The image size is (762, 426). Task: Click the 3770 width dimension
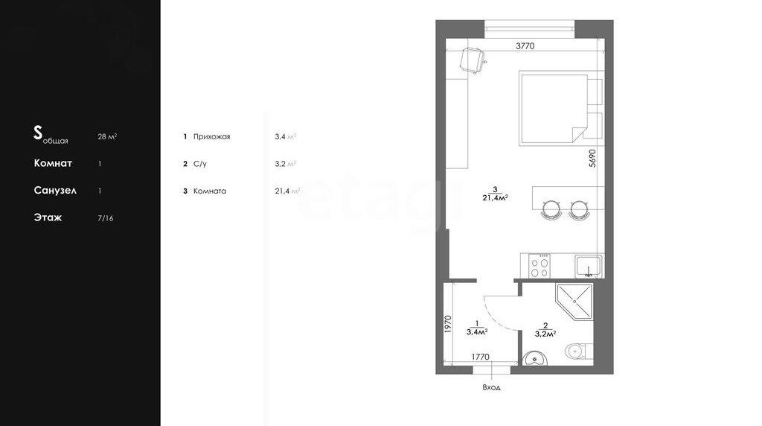525,45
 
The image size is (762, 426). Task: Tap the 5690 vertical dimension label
592,158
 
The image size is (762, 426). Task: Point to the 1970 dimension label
448,325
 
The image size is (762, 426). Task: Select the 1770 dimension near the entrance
480,357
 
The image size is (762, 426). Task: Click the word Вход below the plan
491,387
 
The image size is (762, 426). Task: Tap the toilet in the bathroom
578,350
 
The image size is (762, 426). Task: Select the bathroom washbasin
535,358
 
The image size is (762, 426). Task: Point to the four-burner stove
540,266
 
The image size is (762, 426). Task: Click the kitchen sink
589,267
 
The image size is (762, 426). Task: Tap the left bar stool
551,210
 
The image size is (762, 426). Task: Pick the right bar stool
580,210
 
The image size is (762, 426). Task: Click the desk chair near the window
473,60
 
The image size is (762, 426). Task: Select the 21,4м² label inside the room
495,198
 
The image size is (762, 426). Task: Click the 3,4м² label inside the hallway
477,332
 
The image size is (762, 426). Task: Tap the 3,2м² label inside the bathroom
545,334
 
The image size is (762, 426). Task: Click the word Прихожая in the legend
212,136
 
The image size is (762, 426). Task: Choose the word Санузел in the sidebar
55,190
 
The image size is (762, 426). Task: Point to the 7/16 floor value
106,218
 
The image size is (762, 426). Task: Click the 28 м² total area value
107,136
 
